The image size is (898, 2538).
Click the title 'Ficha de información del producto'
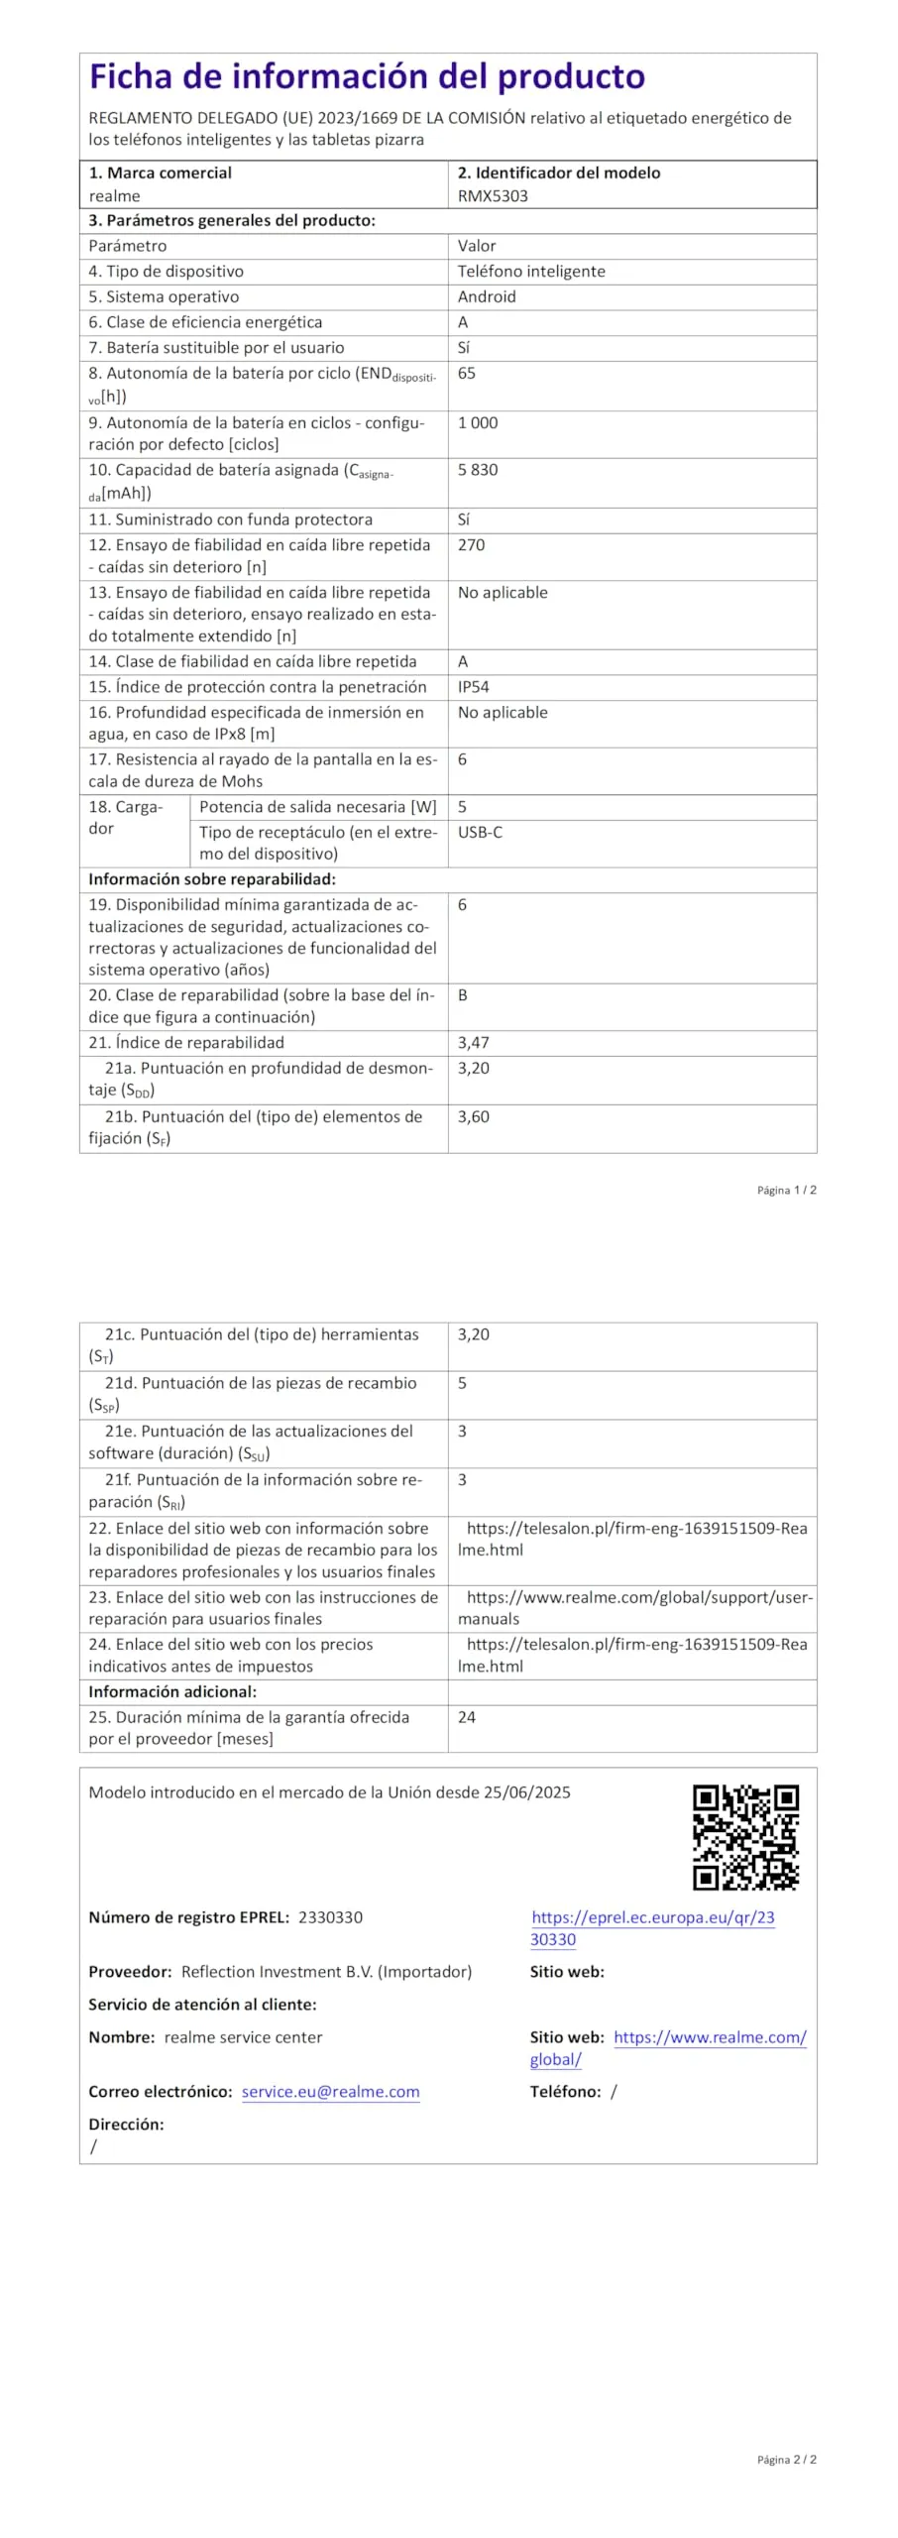[x=367, y=77]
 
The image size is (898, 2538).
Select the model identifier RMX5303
[x=493, y=196]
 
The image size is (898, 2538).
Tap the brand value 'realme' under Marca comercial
[x=114, y=196]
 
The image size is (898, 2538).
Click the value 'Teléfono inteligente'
[x=530, y=272]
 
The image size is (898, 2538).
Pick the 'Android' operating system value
[x=486, y=296]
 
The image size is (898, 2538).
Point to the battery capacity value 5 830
[x=477, y=470]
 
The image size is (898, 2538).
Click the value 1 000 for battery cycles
[x=478, y=423]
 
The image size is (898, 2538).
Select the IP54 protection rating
[x=473, y=687]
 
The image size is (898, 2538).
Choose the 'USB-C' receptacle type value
[x=480, y=833]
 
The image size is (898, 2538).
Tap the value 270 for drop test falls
[x=471, y=545]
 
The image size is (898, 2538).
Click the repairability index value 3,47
[x=473, y=1043]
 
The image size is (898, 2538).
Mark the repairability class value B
[x=463, y=995]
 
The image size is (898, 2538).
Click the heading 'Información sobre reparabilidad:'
[x=212, y=879]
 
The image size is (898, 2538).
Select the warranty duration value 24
[x=467, y=1717]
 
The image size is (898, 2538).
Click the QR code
[x=745, y=1837]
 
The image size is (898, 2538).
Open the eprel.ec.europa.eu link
[x=652, y=1928]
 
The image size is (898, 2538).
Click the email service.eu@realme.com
[x=330, y=2092]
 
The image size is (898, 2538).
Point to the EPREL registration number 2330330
[x=330, y=1917]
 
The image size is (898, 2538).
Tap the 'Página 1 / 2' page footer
[x=786, y=1190]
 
